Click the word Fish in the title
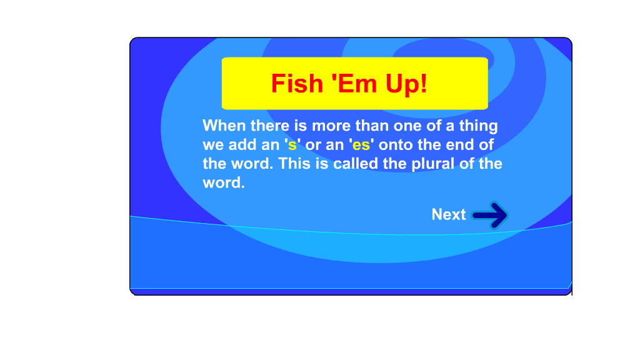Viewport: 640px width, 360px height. click(297, 84)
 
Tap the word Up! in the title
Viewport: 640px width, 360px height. click(406, 84)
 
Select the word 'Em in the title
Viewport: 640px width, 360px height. click(354, 84)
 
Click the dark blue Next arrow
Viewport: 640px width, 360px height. click(490, 215)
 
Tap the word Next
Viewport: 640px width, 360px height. click(449, 214)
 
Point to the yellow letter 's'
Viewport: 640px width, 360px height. click(292, 145)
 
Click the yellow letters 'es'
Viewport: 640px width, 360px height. click(361, 145)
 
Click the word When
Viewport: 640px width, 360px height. click(224, 126)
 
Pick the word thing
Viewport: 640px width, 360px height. click(478, 126)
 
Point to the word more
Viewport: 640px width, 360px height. click(331, 126)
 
